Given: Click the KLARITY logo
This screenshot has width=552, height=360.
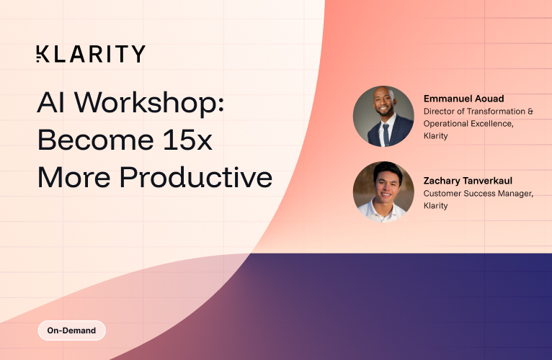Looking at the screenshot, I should point(91,54).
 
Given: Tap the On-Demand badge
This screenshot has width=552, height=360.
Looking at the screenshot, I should point(72,331).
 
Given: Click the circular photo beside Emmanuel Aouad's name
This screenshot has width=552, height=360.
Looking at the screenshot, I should point(383,117).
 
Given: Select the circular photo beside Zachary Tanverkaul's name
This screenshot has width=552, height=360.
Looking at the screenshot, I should point(383,192).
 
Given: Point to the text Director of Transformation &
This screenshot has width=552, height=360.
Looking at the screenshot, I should point(478,112).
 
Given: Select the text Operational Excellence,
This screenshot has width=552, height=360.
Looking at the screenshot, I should point(469,124).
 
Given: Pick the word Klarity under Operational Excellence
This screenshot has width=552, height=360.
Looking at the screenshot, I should point(435,136).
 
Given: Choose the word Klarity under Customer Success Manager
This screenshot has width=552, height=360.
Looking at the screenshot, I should point(435,206).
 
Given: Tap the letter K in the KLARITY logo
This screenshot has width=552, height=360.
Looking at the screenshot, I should point(42,54).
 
